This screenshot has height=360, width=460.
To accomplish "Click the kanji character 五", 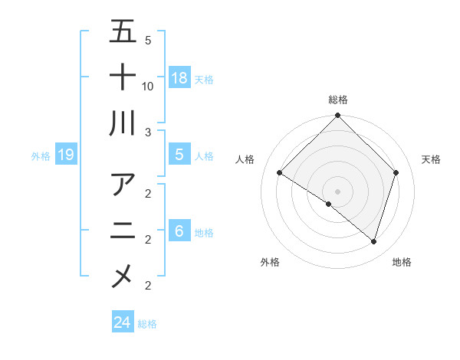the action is coord(123,31).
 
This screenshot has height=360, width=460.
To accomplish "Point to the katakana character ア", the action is coord(123,185).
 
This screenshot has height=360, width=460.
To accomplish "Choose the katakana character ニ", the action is coord(123,231).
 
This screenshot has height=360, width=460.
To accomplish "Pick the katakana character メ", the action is coord(123,276).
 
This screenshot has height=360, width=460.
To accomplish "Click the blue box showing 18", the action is coord(179,78).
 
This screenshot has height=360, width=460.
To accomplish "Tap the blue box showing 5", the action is coord(179,155).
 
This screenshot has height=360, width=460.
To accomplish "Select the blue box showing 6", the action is coord(179,231).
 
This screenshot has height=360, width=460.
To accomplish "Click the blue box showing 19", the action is coord(66,155).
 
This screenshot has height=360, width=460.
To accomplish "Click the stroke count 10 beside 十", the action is coord(148,86).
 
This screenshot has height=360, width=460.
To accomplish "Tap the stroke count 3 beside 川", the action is coord(148,132).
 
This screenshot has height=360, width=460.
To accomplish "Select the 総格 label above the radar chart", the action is coord(337,100).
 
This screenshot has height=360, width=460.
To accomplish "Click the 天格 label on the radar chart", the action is coord(431,159).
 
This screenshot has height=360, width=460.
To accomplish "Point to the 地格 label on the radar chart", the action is coord(402,262).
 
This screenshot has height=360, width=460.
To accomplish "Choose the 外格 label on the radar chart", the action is coord(270,262).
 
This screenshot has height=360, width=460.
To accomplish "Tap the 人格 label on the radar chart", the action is coord(245,159).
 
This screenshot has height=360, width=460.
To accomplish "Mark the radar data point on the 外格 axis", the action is coord(329,204).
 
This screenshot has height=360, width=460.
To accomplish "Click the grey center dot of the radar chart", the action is coord(337,191).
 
